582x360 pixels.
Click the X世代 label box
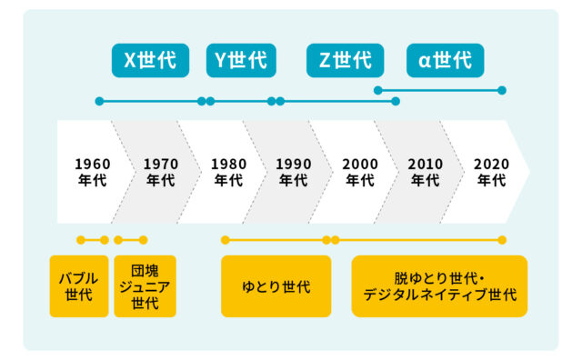pos(150,61)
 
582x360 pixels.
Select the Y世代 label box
pos(241,61)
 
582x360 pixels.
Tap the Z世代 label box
pos(346,61)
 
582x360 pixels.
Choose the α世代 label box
pos(445,61)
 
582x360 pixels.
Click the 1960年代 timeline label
pos(93,172)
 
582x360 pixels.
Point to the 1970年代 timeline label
pos(161,172)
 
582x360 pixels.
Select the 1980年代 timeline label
pos(228,172)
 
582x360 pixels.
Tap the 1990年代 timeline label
pos(294,172)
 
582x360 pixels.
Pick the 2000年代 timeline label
pos(360,172)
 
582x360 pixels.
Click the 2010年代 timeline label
pos(426,172)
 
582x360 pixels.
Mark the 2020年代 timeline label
pos(491,172)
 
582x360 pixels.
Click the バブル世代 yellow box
pos(79,286)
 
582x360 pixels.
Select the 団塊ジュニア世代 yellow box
pos(145,286)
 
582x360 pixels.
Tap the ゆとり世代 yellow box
pos(276,286)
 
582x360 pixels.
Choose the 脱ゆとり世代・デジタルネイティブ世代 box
pos(439,286)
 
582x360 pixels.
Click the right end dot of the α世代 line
pos(502,90)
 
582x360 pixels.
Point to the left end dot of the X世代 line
pos(99,101)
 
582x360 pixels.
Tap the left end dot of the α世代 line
pos(378,90)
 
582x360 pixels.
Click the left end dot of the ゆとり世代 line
pos(225,240)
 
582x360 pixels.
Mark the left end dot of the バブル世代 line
pos(81,240)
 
